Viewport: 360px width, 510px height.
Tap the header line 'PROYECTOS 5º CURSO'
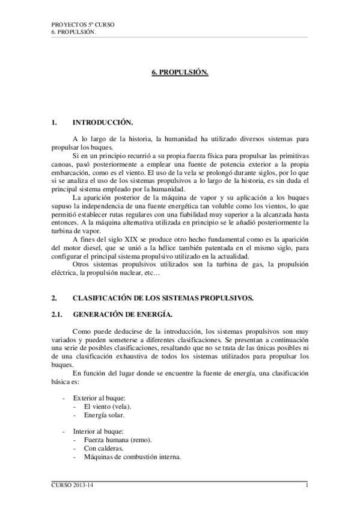click(x=83, y=25)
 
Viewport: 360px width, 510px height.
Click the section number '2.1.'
click(x=58, y=313)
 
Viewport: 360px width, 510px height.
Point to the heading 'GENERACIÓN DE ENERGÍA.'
click(x=111, y=313)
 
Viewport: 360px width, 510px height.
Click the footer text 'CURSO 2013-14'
click(x=69, y=485)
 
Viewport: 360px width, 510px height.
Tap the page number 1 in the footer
click(x=307, y=485)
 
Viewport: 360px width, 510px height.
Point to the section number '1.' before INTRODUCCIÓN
click(x=54, y=122)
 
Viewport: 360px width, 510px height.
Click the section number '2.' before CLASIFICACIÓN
click(x=54, y=298)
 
